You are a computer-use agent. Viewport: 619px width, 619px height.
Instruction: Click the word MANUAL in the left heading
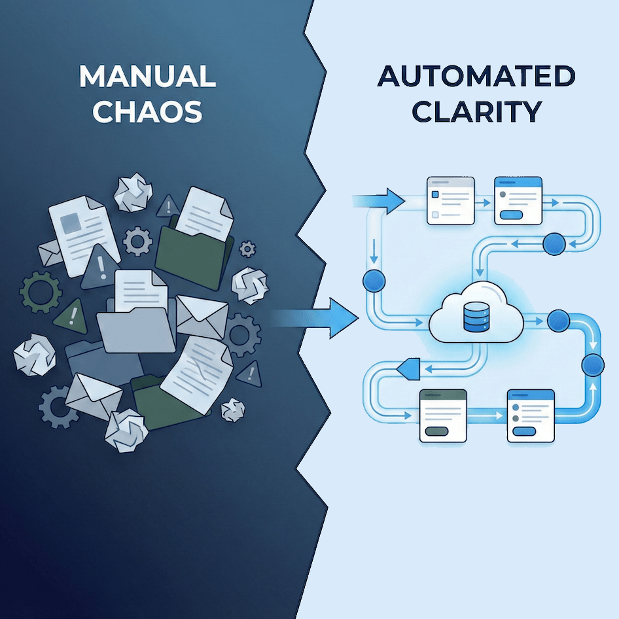pyautogui.click(x=147, y=77)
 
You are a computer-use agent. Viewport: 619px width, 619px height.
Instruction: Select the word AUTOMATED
pyautogui.click(x=476, y=77)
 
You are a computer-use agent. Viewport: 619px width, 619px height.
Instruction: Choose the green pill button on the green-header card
pyautogui.click(x=436, y=432)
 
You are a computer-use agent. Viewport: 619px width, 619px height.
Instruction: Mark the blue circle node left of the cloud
pyautogui.click(x=374, y=281)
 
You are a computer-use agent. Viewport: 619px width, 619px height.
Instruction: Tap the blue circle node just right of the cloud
pyautogui.click(x=558, y=321)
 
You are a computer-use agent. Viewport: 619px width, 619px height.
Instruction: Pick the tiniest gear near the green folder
pyautogui.click(x=247, y=248)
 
